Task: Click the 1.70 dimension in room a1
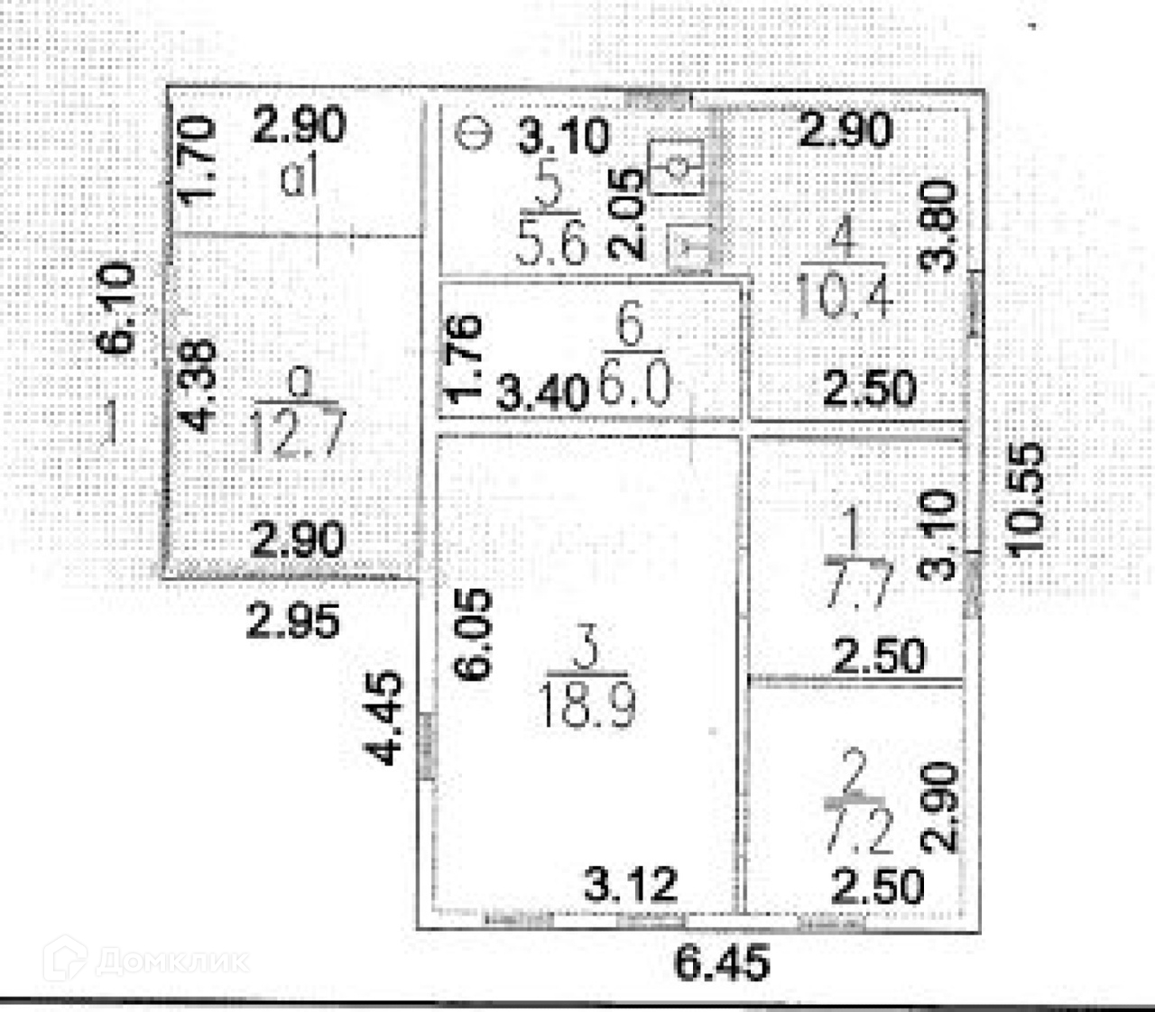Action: tap(199, 160)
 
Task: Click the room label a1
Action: tap(300, 179)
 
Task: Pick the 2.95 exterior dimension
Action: tap(294, 622)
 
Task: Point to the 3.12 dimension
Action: tap(631, 885)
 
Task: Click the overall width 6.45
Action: tap(723, 963)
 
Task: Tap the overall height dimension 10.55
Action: tap(1028, 499)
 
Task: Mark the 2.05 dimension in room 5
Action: tap(633, 215)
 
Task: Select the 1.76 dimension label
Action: tap(466, 358)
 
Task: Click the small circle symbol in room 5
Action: tap(473, 133)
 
